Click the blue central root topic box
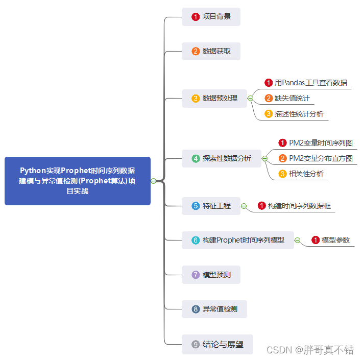pyautogui.click(x=78, y=181)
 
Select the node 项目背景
pyautogui.click(x=211, y=17)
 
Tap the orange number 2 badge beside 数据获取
pyautogui.click(x=196, y=52)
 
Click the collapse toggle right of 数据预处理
pyautogui.click(x=250, y=98)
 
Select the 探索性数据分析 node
pyautogui.click(x=222, y=158)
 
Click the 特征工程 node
pyautogui.click(x=211, y=206)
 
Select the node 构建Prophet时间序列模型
pyautogui.click(x=238, y=240)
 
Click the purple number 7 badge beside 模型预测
pyautogui.click(x=196, y=275)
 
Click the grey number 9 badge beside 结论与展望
pyautogui.click(x=196, y=345)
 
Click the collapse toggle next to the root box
pyautogui.click(x=153, y=181)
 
